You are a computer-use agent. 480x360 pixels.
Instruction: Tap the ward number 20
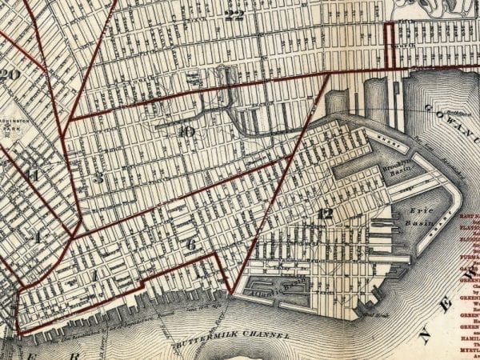tap(10, 75)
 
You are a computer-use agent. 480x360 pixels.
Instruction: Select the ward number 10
tap(186, 131)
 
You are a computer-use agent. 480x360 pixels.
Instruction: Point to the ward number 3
tap(98, 178)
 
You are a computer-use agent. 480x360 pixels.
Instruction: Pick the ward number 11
tap(32, 175)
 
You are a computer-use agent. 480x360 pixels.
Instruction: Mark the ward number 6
tap(190, 244)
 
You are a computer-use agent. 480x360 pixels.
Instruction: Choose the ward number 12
tap(324, 213)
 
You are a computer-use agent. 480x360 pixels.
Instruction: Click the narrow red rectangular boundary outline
tap(391, 46)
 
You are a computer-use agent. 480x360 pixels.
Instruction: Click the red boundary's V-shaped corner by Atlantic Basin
tap(230, 294)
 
